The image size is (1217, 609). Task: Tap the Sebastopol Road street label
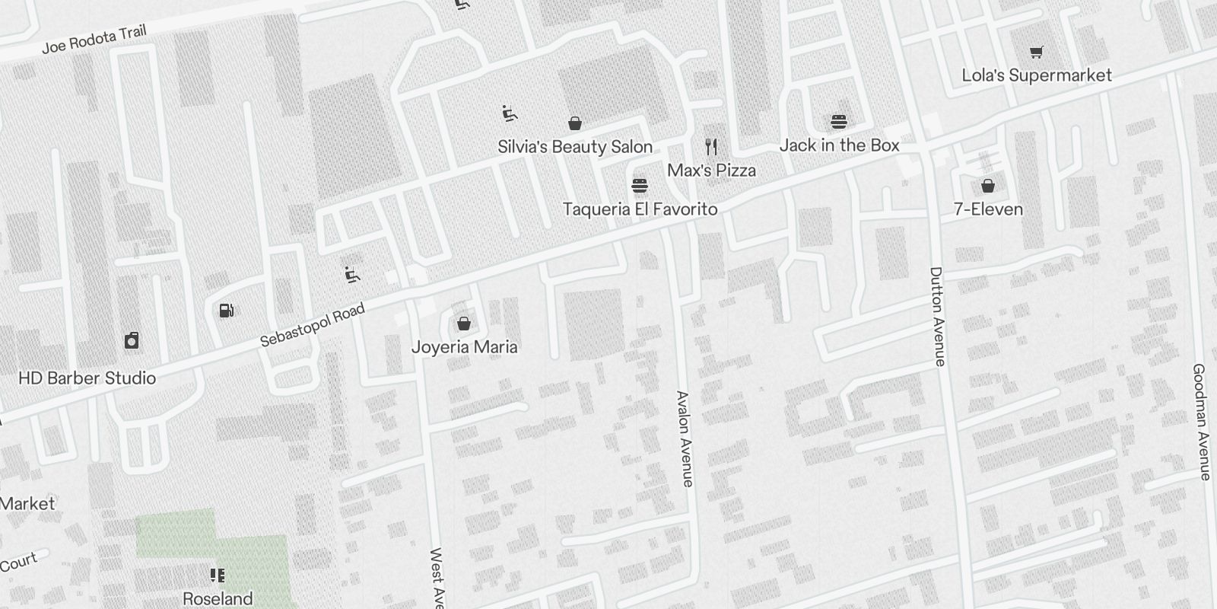click(312, 325)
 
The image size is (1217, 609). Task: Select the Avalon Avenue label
click(685, 438)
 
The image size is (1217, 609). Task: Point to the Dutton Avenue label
click(937, 316)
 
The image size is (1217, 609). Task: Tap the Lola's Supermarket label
click(1036, 75)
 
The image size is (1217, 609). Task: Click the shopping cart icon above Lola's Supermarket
click(1036, 52)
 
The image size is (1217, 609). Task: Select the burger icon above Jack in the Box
click(839, 122)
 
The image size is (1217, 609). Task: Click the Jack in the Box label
click(839, 145)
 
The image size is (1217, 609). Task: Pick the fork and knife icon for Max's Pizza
click(711, 146)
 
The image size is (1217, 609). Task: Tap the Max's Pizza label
click(711, 170)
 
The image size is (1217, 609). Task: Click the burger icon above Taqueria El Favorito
click(640, 185)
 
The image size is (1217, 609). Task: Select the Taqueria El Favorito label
click(640, 209)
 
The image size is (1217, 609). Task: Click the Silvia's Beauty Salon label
click(575, 147)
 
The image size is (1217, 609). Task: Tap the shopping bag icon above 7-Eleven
click(987, 185)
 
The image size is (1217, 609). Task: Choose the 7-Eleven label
click(987, 209)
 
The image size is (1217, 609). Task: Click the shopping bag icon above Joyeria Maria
click(464, 324)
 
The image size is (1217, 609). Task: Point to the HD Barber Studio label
click(87, 378)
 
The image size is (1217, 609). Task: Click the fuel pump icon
click(226, 310)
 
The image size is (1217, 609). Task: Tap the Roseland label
click(218, 598)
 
